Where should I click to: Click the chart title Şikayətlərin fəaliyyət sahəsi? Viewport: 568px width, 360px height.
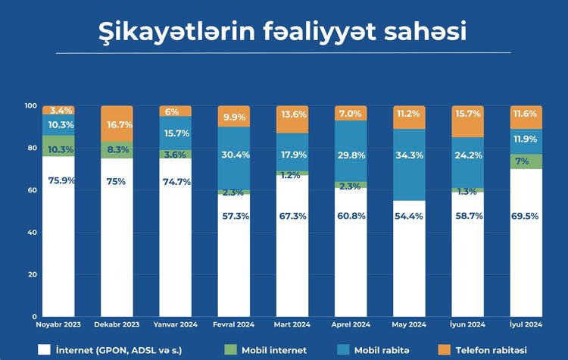click(283, 32)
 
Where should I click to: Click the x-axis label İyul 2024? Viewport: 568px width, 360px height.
click(526, 324)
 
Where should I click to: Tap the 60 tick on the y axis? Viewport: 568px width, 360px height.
click(33, 190)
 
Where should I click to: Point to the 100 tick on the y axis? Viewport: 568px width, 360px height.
click(30, 105)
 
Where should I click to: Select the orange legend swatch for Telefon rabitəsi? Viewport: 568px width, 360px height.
click(443, 349)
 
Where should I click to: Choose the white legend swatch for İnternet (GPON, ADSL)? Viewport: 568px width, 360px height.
click(44, 349)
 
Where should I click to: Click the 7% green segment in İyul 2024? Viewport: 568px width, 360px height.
click(526, 161)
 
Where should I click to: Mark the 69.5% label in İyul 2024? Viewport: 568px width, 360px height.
click(526, 216)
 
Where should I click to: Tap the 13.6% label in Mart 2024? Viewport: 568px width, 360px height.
click(292, 114)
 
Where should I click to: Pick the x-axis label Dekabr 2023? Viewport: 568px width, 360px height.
click(117, 324)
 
